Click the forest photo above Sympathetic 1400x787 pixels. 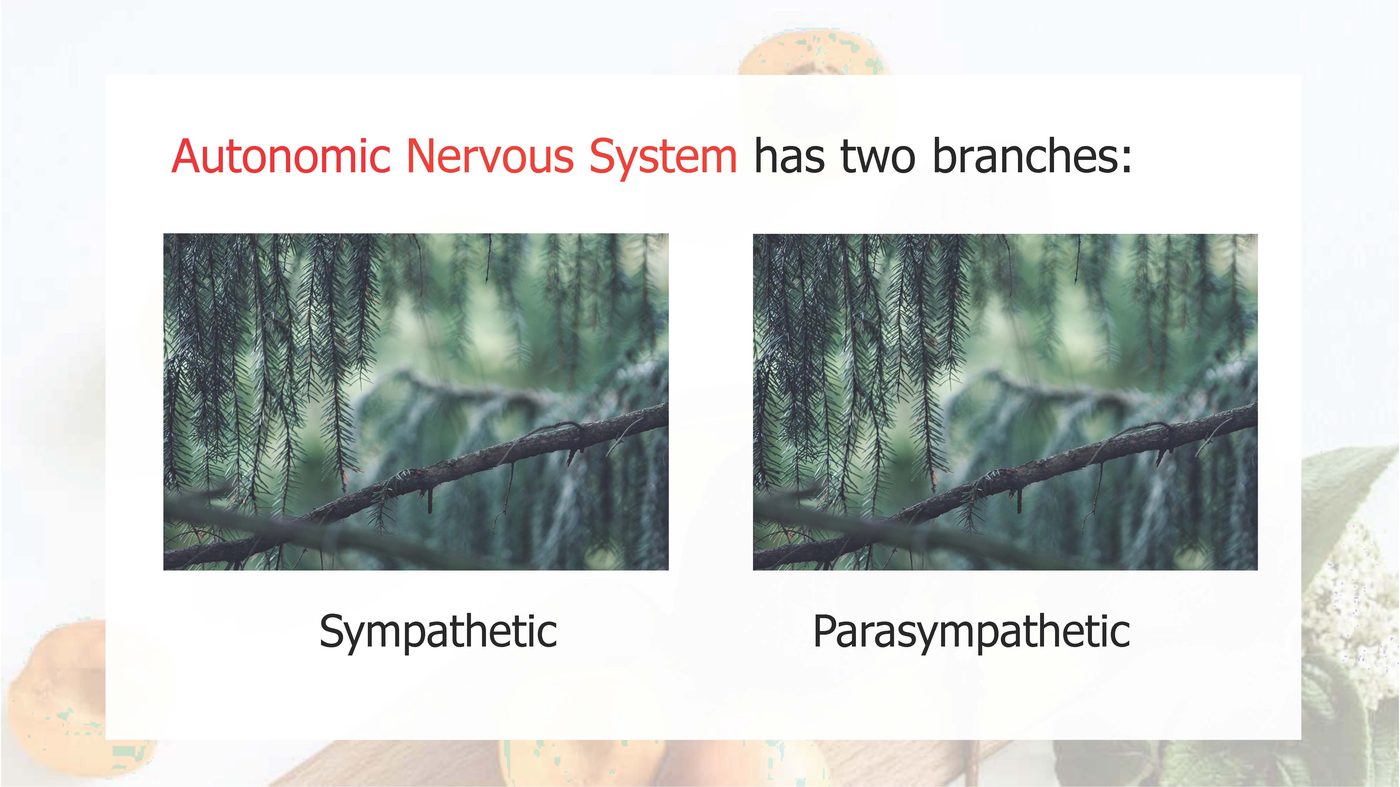tap(416, 402)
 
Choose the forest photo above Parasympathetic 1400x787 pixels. tap(1005, 402)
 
